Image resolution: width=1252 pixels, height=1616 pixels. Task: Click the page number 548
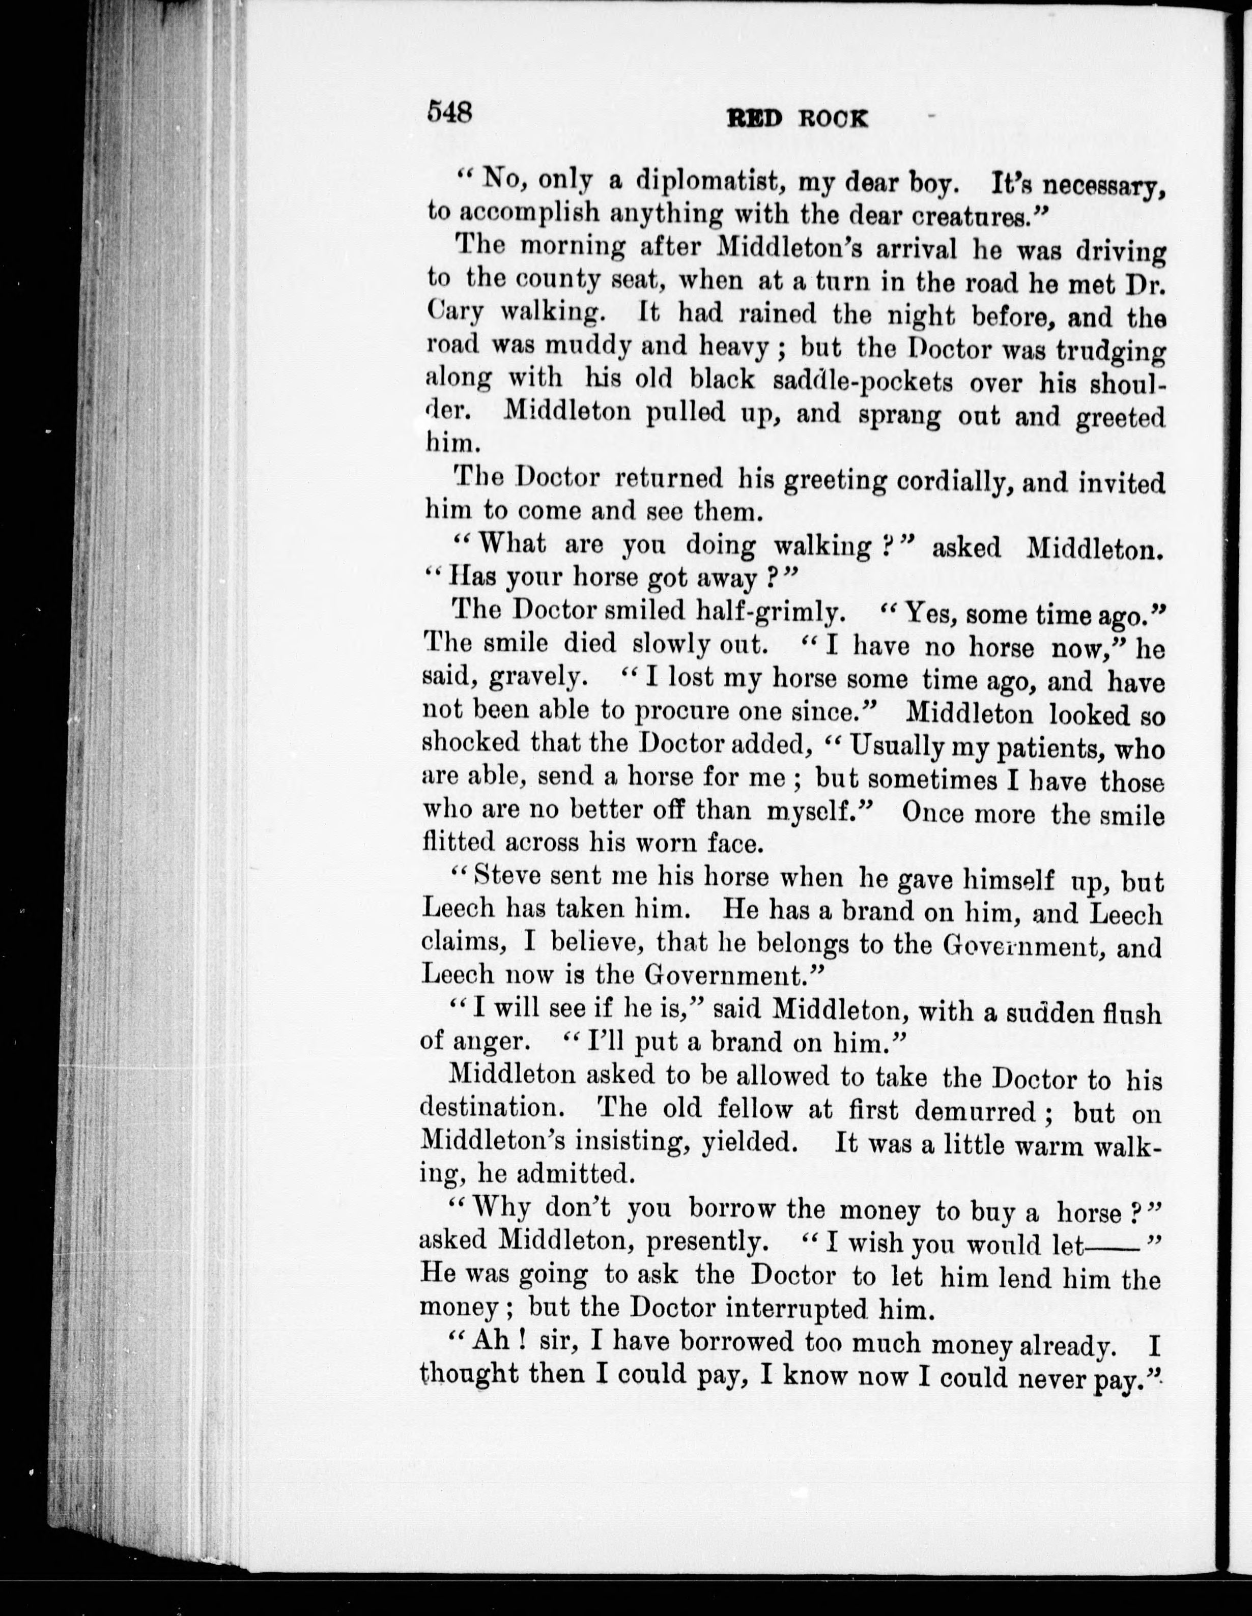[450, 112]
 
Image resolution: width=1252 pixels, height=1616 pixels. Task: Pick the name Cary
[455, 313]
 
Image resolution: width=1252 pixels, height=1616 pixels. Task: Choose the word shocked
[471, 742]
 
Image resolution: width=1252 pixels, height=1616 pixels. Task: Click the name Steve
[505, 876]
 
